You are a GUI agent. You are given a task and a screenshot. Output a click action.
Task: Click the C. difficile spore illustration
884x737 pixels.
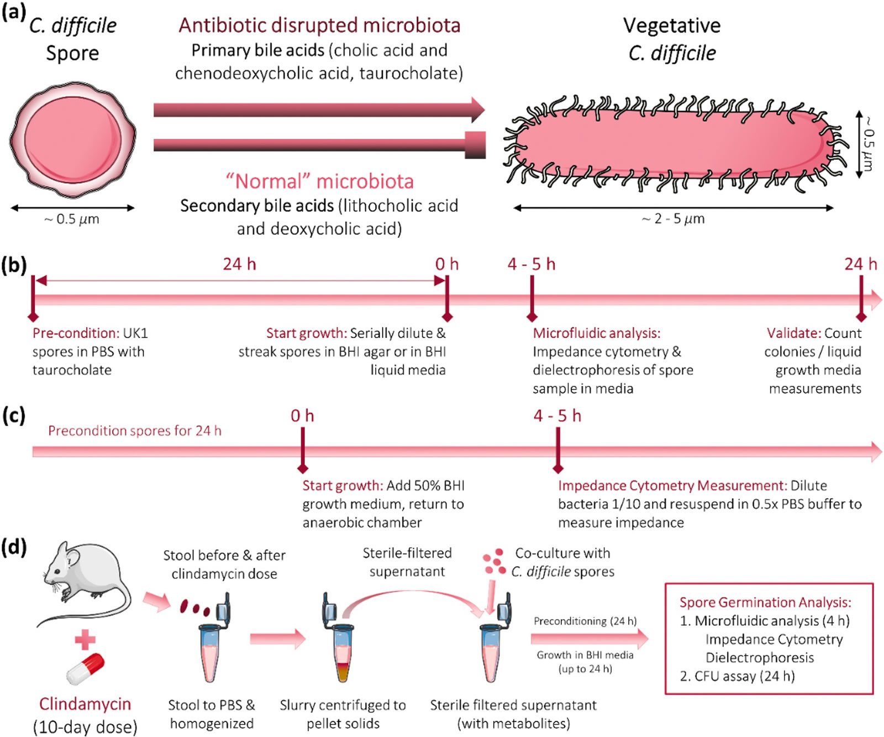[72, 139]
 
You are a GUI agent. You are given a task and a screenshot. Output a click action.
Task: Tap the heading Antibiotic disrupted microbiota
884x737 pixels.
[319, 25]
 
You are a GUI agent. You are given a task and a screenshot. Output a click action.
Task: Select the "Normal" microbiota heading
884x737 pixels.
[319, 181]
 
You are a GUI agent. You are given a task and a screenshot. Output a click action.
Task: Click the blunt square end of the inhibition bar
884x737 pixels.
[475, 145]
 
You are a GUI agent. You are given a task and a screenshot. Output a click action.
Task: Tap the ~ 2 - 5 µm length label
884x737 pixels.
[673, 219]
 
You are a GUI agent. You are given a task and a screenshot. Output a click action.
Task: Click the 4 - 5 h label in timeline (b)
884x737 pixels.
[532, 264]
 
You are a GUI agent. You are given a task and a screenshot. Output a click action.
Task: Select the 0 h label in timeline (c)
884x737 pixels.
[302, 416]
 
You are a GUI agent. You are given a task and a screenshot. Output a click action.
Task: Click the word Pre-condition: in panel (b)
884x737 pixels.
[76, 333]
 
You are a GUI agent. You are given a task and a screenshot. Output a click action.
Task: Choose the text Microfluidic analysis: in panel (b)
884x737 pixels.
[596, 333]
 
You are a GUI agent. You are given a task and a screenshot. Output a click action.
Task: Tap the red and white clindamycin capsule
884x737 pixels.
[86, 668]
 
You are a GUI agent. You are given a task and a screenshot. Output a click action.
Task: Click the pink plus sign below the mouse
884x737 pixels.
[85, 640]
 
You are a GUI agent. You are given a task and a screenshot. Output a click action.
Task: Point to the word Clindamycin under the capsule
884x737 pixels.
[85, 704]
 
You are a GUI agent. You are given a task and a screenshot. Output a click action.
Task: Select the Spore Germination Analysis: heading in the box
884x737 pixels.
[765, 602]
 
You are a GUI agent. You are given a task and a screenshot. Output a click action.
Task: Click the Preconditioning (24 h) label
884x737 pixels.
[585, 621]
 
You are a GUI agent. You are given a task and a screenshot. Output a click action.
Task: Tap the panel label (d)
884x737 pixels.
[14, 547]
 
